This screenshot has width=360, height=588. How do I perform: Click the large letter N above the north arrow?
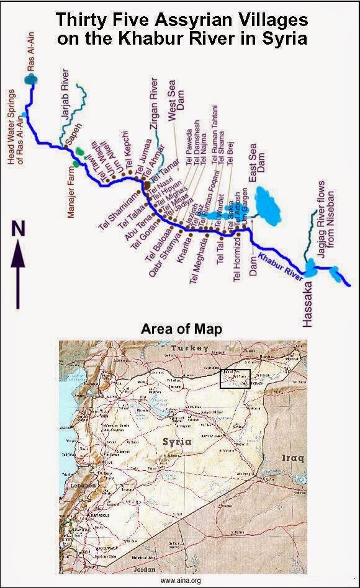point(19,229)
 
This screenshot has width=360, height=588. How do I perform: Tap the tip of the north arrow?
point(19,246)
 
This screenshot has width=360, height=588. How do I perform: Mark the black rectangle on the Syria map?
point(235,379)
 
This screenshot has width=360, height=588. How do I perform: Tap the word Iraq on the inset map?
point(292,458)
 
